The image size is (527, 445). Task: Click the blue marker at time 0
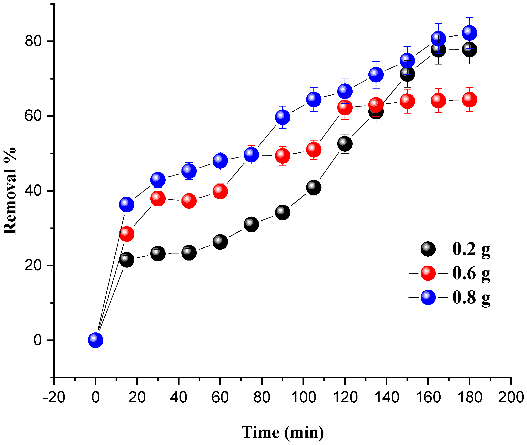[95, 340]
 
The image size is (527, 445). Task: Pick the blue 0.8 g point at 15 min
[127, 204]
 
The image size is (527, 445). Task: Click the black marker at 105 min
[313, 187]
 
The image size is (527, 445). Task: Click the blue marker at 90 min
[282, 117]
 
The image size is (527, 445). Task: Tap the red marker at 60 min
[220, 191]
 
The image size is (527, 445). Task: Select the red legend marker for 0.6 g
[428, 273]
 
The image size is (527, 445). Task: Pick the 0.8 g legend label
[471, 297]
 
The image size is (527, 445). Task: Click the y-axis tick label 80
[33, 41]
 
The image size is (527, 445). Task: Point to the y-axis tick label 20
[33, 265]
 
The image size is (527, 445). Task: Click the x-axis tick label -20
[54, 397]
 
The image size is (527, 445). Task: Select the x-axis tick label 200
[511, 397]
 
